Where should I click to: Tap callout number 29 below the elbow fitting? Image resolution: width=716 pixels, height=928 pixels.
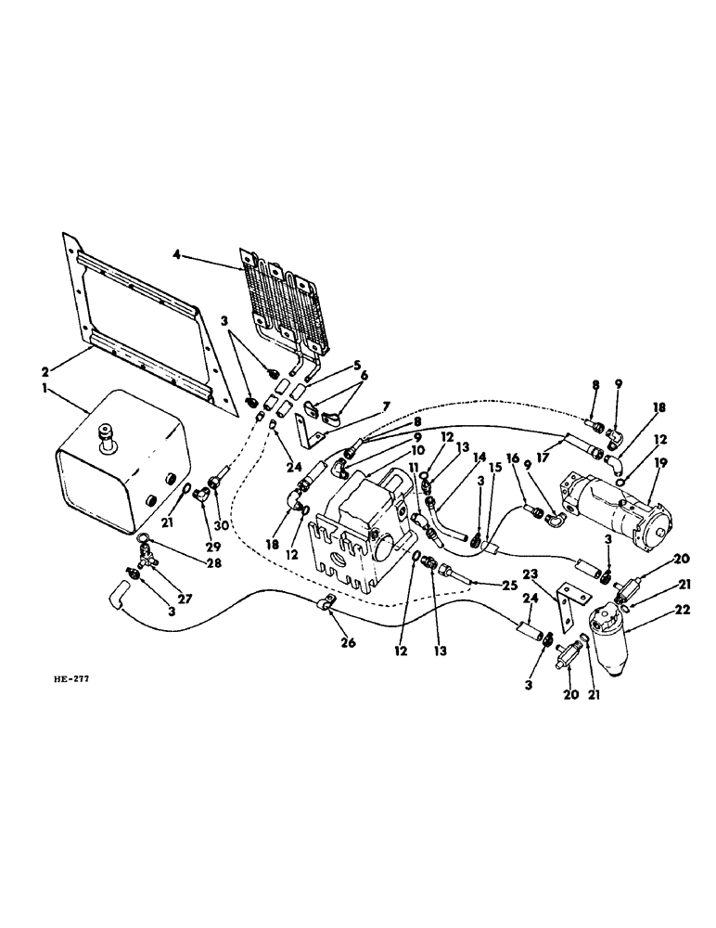click(x=199, y=523)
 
